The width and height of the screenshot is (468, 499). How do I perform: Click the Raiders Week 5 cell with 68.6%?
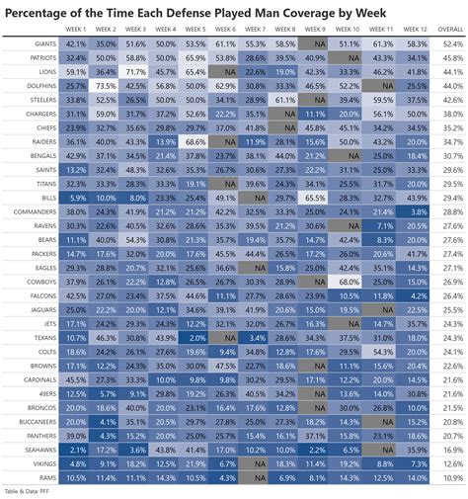click(195, 141)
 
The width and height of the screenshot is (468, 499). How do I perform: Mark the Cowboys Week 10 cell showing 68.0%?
click(349, 281)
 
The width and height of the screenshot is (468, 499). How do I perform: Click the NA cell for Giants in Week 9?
click(316, 44)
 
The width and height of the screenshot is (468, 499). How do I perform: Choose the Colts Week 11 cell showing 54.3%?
click(381, 351)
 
